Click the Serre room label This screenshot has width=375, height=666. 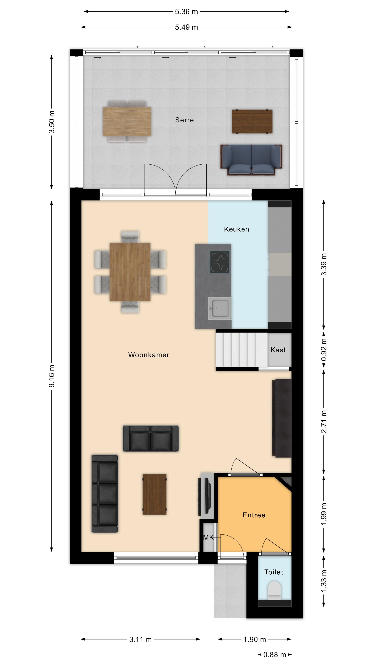(x=184, y=120)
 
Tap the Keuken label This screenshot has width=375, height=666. (x=236, y=229)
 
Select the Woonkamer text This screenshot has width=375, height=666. (x=149, y=355)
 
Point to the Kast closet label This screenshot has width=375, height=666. (x=278, y=350)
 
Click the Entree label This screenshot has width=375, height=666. (x=254, y=515)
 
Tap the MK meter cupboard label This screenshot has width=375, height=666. (x=209, y=537)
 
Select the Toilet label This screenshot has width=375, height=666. (x=274, y=572)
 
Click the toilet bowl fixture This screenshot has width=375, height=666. (x=274, y=590)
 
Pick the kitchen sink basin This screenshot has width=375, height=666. (x=219, y=308)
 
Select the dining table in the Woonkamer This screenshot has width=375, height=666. (x=130, y=272)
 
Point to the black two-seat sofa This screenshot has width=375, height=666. (x=151, y=438)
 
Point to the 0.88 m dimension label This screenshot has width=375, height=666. (x=275, y=655)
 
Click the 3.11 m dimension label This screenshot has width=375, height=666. (x=140, y=639)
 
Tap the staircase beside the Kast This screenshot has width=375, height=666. (x=242, y=349)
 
